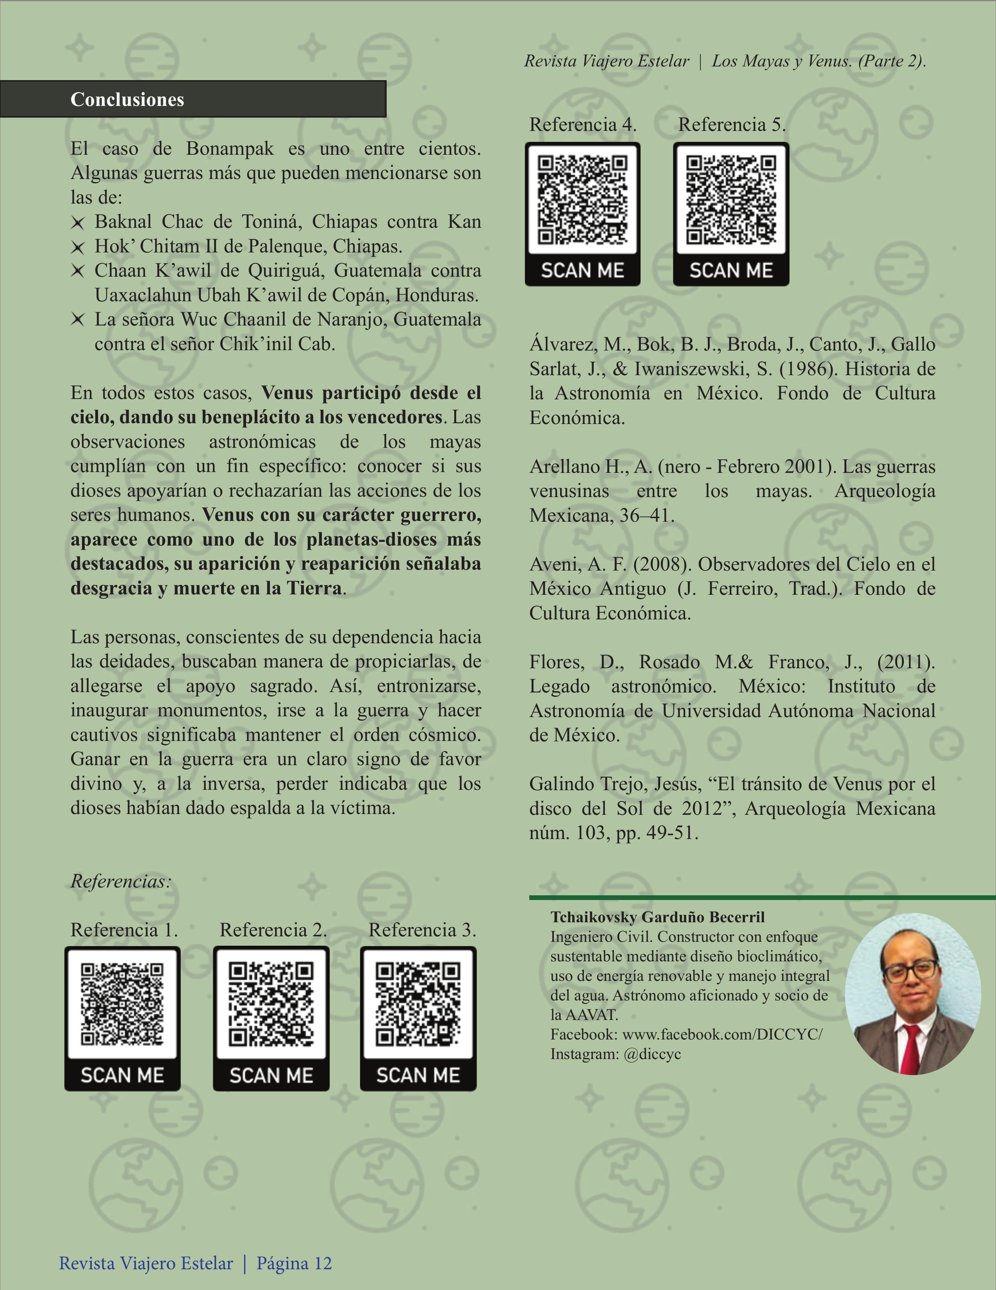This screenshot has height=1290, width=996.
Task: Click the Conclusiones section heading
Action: pos(127,99)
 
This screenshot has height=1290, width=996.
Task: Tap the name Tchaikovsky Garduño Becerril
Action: pos(657,917)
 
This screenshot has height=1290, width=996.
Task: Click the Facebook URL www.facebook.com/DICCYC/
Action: pos(722,1034)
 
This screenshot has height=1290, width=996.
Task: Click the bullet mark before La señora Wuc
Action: pos(77,320)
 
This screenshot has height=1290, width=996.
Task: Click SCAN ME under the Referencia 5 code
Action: pos(731,270)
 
